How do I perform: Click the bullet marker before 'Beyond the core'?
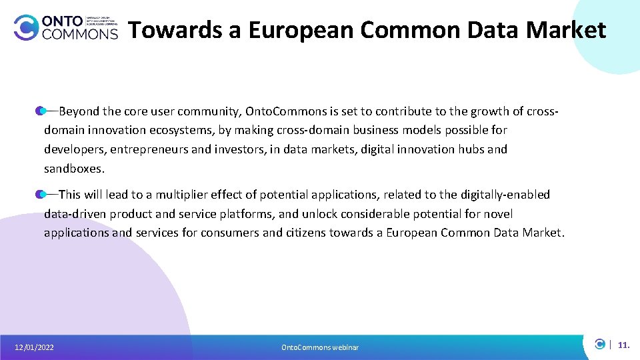pos(41,110)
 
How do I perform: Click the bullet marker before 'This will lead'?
pos(41,194)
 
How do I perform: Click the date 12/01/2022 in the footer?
pos(35,347)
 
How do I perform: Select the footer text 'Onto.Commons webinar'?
pos(320,347)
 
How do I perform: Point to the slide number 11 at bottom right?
pos(623,345)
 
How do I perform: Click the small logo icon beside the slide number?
pos(600,344)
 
